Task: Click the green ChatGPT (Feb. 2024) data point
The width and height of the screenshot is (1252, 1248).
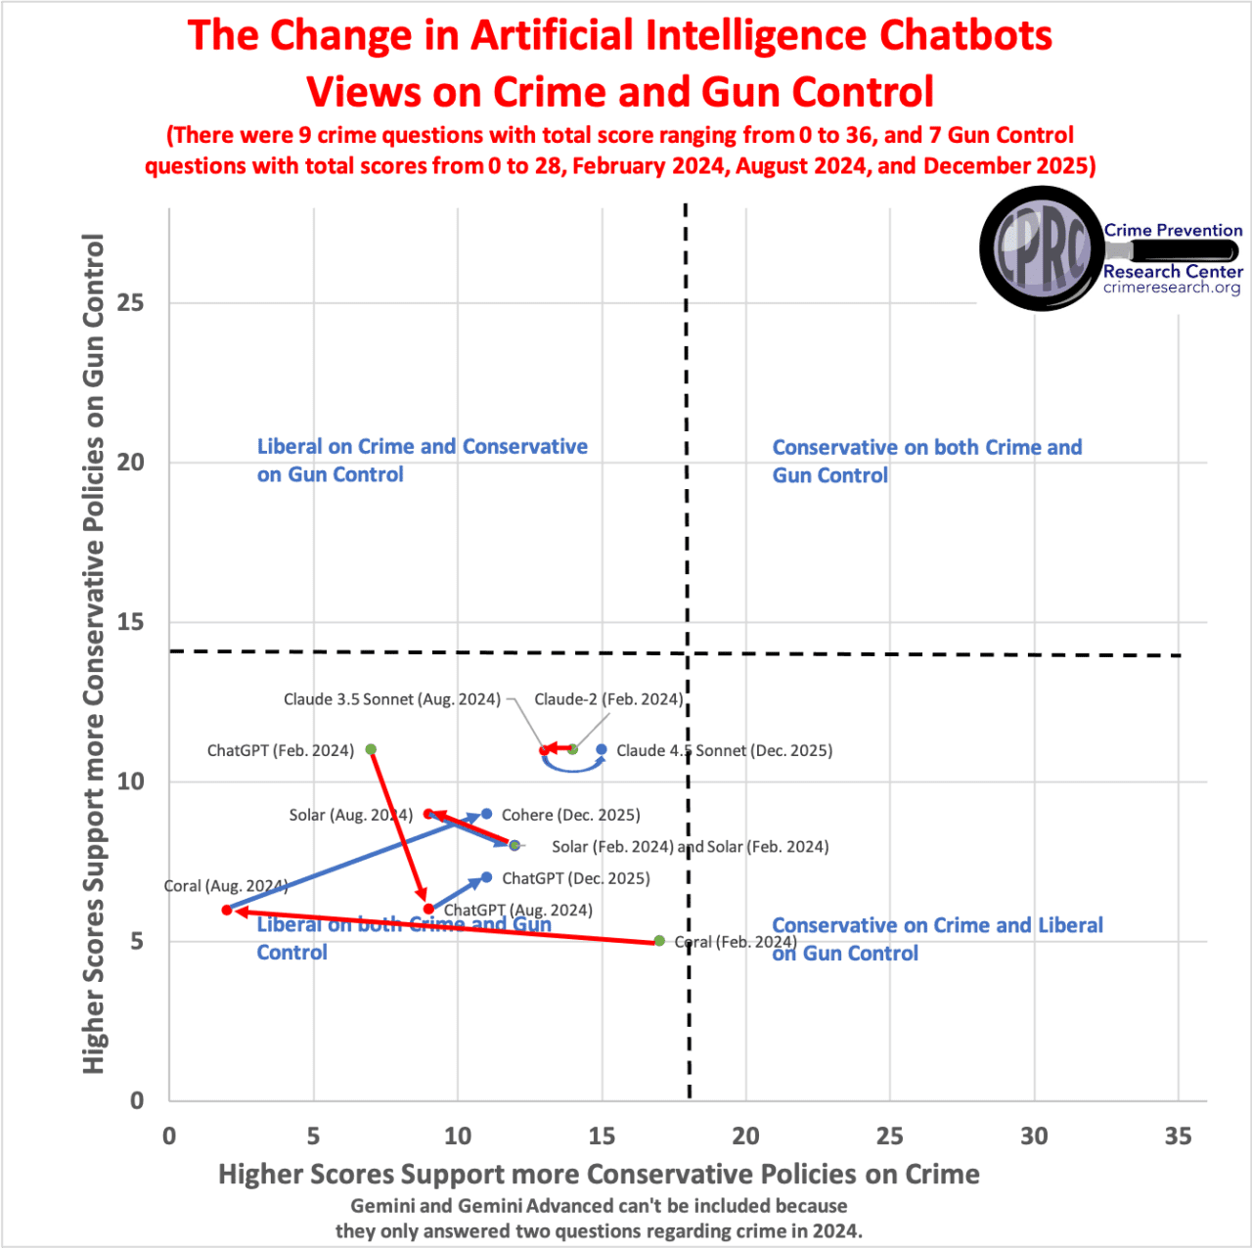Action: click(x=371, y=749)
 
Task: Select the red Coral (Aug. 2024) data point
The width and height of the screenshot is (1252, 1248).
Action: click(x=227, y=910)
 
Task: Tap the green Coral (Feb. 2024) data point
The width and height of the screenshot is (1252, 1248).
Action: click(x=659, y=941)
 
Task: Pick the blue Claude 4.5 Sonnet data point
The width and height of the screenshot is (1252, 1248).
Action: click(x=602, y=749)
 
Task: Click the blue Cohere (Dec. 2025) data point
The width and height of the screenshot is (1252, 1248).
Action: click(x=486, y=814)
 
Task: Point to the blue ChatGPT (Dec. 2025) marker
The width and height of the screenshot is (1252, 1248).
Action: click(x=486, y=877)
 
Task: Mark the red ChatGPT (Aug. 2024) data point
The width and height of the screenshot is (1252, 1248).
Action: click(x=428, y=909)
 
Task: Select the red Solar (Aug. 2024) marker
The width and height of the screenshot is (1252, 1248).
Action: click(x=428, y=814)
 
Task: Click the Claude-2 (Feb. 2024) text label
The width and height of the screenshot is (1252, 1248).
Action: click(x=607, y=699)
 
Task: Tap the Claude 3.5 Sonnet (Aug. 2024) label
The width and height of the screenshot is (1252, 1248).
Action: click(x=391, y=699)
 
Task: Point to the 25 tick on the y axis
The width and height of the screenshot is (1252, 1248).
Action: click(x=130, y=302)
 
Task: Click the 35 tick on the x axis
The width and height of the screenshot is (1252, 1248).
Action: click(x=1178, y=1136)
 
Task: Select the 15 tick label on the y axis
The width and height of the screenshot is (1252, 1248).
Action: click(x=130, y=622)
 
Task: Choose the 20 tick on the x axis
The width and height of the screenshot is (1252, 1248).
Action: click(x=745, y=1136)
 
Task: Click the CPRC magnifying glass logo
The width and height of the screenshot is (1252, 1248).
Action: click(x=1043, y=248)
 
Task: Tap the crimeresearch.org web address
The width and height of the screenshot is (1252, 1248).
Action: click(x=1172, y=288)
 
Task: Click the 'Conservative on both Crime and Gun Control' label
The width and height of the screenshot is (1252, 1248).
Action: click(x=926, y=461)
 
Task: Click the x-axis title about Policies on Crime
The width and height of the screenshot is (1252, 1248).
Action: click(x=599, y=1174)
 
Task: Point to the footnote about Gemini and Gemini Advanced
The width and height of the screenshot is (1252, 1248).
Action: click(x=599, y=1219)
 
